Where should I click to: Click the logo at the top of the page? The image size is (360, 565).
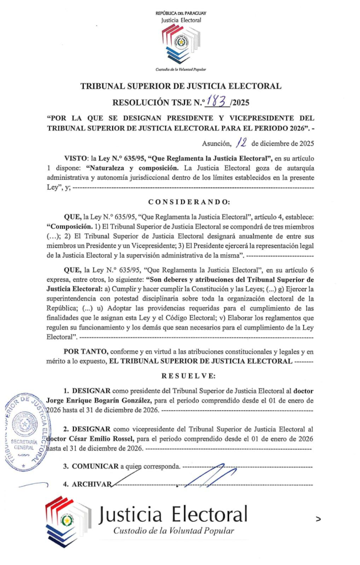click(181, 45)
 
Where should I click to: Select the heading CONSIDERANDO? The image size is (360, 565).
click(181, 202)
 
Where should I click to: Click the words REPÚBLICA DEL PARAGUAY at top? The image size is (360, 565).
click(181, 13)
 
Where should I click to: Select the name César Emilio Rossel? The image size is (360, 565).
click(91, 438)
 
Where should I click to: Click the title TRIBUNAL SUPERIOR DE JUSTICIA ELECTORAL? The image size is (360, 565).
click(181, 86)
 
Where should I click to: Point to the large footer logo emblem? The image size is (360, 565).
click(67, 519)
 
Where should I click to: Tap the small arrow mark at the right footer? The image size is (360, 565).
click(319, 519)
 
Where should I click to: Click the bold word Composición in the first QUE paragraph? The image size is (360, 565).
click(74, 227)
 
